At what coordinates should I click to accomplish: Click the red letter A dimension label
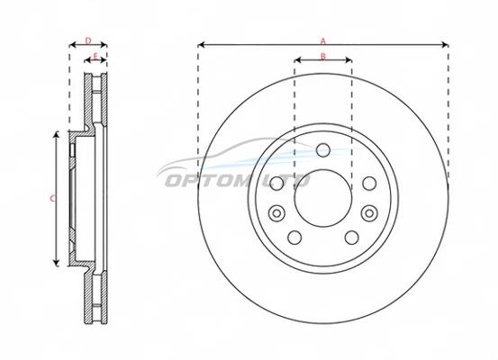323,41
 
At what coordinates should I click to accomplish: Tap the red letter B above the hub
323,57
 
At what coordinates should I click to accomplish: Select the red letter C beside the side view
53,199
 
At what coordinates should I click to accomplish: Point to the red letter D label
88,40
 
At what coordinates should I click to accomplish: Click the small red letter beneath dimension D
95,57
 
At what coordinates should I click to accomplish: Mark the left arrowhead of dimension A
201,45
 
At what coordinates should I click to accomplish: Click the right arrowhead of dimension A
445,45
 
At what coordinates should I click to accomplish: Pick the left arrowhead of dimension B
298,60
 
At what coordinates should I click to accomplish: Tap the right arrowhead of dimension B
349,60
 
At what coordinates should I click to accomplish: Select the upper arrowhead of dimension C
56,135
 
